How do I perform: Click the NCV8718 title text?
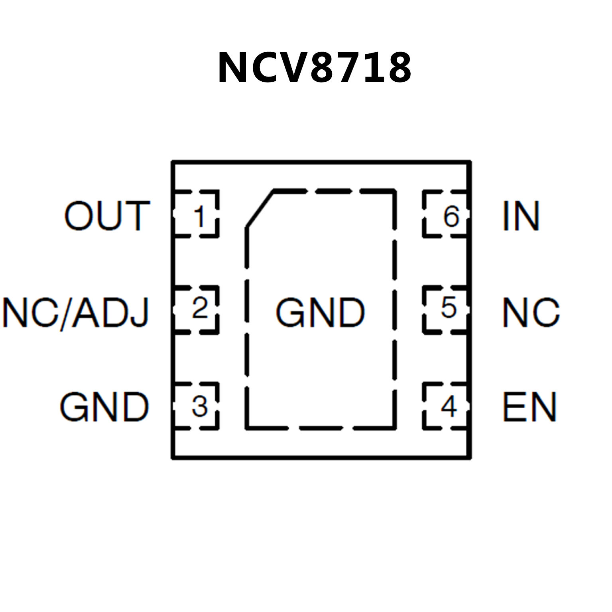314,68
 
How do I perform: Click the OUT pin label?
107,216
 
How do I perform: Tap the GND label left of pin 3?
104,407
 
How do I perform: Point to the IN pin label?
521,216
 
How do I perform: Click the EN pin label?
529,407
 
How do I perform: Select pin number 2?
200,308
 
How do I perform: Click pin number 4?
449,407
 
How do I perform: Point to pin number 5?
449,308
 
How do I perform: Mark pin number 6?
451,217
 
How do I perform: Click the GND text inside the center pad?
320,313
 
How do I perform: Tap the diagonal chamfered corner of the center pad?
260,210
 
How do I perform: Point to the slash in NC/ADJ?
67,313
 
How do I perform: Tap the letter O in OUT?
79,216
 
